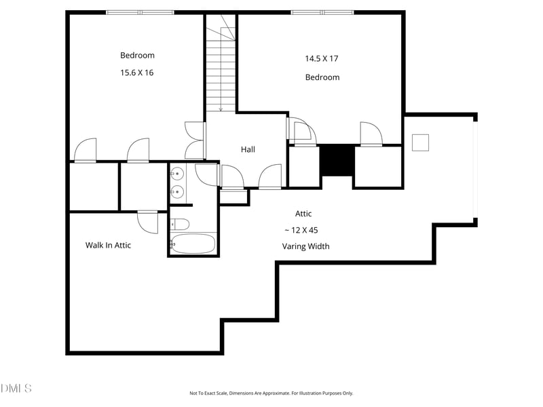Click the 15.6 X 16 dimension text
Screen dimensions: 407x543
coord(137,73)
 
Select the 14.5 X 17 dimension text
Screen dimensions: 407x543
coord(322,58)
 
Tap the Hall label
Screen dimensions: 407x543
coord(248,149)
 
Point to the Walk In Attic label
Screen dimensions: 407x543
coord(108,245)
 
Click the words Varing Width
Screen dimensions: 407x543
coord(305,246)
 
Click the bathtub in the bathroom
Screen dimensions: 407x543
coord(193,244)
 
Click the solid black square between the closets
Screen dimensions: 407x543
coord(337,160)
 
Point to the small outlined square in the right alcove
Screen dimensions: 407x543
coord(420,142)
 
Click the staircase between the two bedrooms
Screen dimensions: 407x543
coord(221,68)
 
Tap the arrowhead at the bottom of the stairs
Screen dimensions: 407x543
coord(221,109)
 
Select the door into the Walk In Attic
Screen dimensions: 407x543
coord(148,221)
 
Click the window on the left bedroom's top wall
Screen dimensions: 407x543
coord(140,12)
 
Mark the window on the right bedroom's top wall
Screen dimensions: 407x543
coord(322,12)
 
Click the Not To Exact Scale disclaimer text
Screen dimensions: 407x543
coord(271,393)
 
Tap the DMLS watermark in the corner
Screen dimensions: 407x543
coord(16,388)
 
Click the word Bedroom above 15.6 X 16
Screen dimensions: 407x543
coord(137,56)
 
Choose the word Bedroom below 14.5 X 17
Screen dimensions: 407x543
coord(322,77)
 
